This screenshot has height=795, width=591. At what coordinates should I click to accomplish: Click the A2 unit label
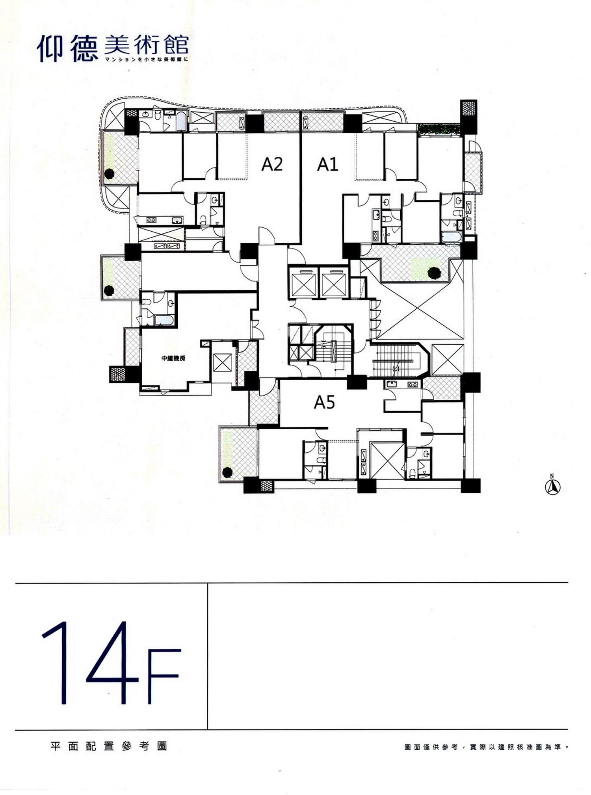(x=272, y=164)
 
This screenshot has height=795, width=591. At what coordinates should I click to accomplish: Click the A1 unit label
(x=328, y=164)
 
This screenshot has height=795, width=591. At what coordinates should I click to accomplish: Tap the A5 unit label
(x=324, y=402)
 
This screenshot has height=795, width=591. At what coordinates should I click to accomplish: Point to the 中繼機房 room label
(x=173, y=358)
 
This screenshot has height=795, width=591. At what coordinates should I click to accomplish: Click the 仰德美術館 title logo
(x=113, y=48)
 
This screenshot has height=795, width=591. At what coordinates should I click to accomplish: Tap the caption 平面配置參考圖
(x=109, y=746)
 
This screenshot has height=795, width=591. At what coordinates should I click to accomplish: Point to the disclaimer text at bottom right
(x=486, y=747)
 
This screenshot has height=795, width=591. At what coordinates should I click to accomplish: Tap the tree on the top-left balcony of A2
(x=109, y=173)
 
